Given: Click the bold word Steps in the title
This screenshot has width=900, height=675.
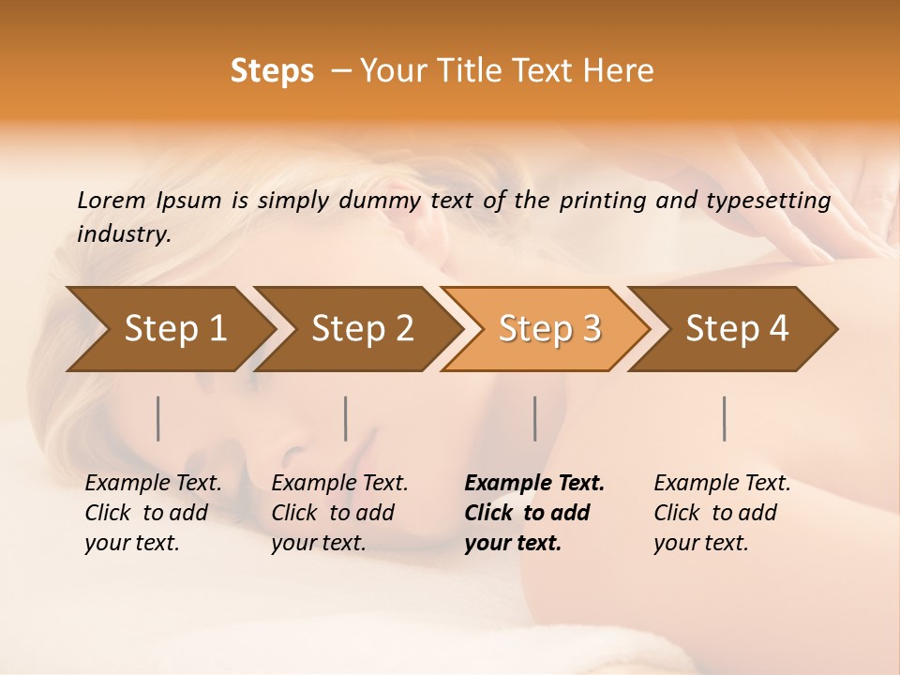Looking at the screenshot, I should pyautogui.click(x=272, y=71).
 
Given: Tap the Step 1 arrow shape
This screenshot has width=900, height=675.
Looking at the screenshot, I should pyautogui.click(x=169, y=328).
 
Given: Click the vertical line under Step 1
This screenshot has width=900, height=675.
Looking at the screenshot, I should pyautogui.click(x=158, y=418).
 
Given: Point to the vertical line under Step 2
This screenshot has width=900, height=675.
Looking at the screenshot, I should pyautogui.click(x=346, y=418).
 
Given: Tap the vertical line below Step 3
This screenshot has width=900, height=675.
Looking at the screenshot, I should pyautogui.click(x=534, y=418).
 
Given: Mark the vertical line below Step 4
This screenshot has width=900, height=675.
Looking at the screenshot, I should pyautogui.click(x=725, y=418).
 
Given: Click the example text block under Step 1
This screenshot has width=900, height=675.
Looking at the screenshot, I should pyautogui.click(x=153, y=513).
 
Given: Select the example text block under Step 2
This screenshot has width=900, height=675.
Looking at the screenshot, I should pyautogui.click(x=339, y=513).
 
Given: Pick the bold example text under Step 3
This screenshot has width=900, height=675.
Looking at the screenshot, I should pyautogui.click(x=534, y=513).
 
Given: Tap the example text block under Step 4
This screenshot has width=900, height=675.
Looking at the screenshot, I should pyautogui.click(x=722, y=513).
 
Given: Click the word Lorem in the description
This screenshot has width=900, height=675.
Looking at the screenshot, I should pyautogui.click(x=112, y=201).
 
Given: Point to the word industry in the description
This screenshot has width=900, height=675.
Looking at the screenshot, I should pyautogui.click(x=124, y=234).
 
